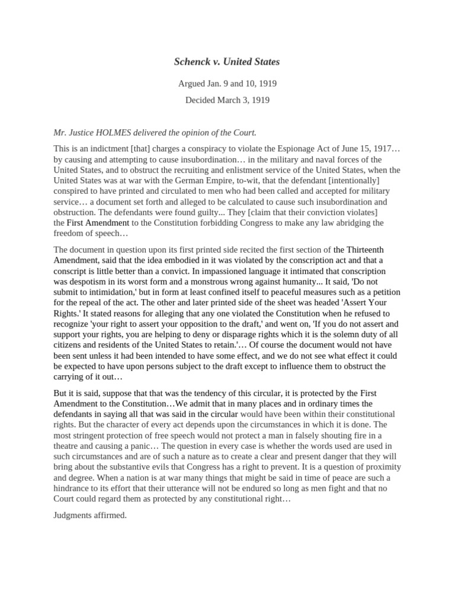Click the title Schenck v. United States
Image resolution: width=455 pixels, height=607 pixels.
click(x=227, y=62)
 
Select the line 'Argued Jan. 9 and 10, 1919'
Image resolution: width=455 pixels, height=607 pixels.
click(x=227, y=84)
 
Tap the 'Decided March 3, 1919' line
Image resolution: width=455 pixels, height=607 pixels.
click(x=227, y=100)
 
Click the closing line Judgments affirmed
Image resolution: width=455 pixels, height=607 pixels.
click(x=90, y=516)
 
